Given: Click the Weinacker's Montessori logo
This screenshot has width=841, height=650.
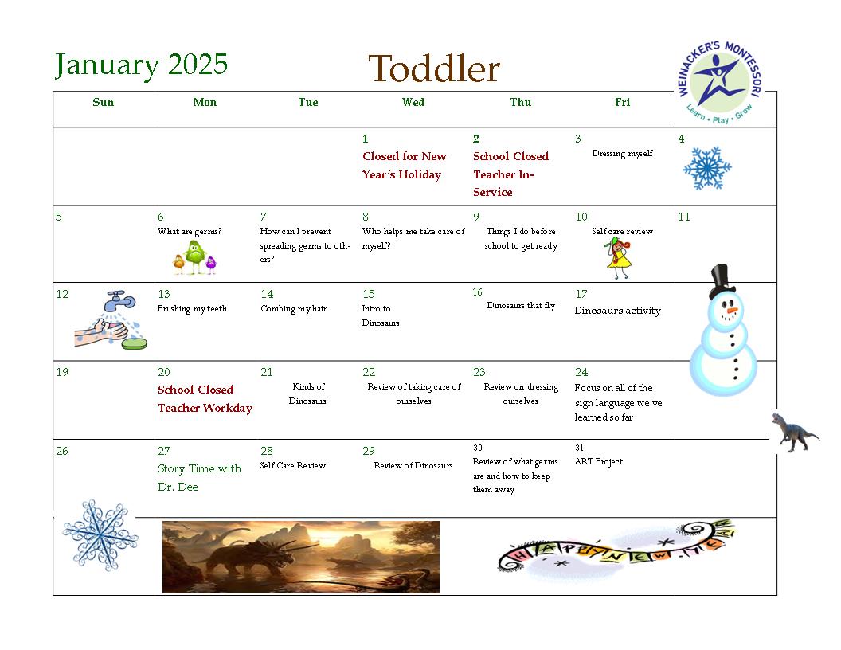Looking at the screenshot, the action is [x=720, y=83].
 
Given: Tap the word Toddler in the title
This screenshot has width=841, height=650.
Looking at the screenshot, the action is [x=434, y=69].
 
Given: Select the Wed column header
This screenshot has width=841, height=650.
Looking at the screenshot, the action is [x=413, y=102].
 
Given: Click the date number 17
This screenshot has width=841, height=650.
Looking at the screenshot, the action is [x=581, y=294].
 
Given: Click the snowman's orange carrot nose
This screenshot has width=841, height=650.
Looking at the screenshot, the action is [x=732, y=311].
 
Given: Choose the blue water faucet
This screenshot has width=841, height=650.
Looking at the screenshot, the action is [x=119, y=300].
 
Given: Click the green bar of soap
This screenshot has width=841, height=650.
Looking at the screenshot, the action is [x=134, y=343].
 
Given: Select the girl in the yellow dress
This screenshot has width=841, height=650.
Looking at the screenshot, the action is [x=619, y=259].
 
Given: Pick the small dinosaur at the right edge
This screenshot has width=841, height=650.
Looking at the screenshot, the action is [x=794, y=433].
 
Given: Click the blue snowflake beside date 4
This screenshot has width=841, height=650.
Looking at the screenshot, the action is [x=707, y=168].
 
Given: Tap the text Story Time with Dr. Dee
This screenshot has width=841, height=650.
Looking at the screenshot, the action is [x=199, y=477].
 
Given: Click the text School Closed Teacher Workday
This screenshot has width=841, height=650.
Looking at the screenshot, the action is [x=205, y=398].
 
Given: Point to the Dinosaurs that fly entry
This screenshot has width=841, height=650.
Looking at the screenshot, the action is [x=521, y=305].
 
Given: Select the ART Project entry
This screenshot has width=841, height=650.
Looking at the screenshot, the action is [x=599, y=461].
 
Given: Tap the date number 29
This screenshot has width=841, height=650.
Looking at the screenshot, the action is [x=369, y=451].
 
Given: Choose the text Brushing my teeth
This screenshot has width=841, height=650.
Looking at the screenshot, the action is [x=192, y=308].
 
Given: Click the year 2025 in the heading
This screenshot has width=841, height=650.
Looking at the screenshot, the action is [x=198, y=65].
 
